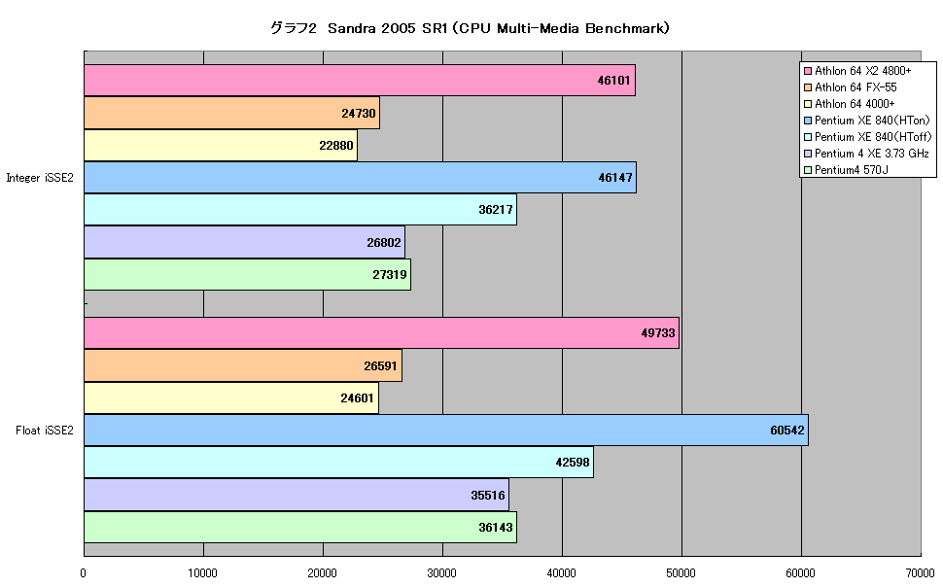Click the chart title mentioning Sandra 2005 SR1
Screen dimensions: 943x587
[470, 28]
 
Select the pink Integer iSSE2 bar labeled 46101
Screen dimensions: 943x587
[360, 80]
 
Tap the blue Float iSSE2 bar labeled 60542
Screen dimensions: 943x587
[446, 430]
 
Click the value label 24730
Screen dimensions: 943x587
[359, 113]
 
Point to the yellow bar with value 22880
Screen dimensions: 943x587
[221, 145]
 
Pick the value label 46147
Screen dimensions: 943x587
[615, 178]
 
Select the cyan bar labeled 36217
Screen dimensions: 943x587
[300, 209]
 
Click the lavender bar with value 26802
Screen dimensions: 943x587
[244, 242]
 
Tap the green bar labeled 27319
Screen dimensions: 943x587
[247, 274]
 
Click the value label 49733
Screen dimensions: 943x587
[658, 332]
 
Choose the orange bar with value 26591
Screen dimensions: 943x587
[243, 365]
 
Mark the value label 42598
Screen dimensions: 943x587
[573, 462]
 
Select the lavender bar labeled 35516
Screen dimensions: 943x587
[297, 495]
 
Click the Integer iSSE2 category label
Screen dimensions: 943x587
[40, 178]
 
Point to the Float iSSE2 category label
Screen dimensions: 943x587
[45, 430]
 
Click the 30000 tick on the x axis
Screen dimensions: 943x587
[442, 573]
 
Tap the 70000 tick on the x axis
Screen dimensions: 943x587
[920, 573]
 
